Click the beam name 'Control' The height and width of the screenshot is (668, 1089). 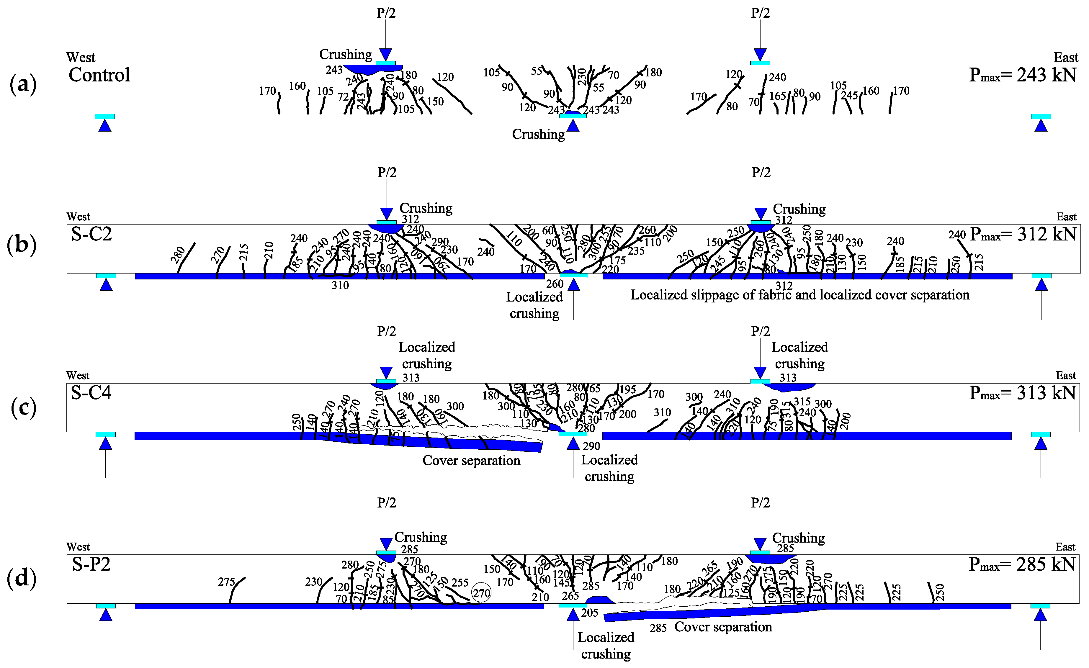[99, 75]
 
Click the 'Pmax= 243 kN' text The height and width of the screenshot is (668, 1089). [1022, 75]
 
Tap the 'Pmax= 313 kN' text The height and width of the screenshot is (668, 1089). [1022, 393]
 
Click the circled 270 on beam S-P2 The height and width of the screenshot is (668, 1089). [481, 593]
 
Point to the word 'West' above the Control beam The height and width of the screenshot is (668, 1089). [81, 58]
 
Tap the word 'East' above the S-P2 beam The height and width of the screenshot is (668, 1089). [1065, 547]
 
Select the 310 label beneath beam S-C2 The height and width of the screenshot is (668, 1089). [340, 285]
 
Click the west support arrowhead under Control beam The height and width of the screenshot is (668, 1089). [105, 126]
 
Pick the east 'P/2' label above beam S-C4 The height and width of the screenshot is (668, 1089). [760, 331]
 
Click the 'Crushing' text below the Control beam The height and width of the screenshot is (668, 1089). [538, 134]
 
